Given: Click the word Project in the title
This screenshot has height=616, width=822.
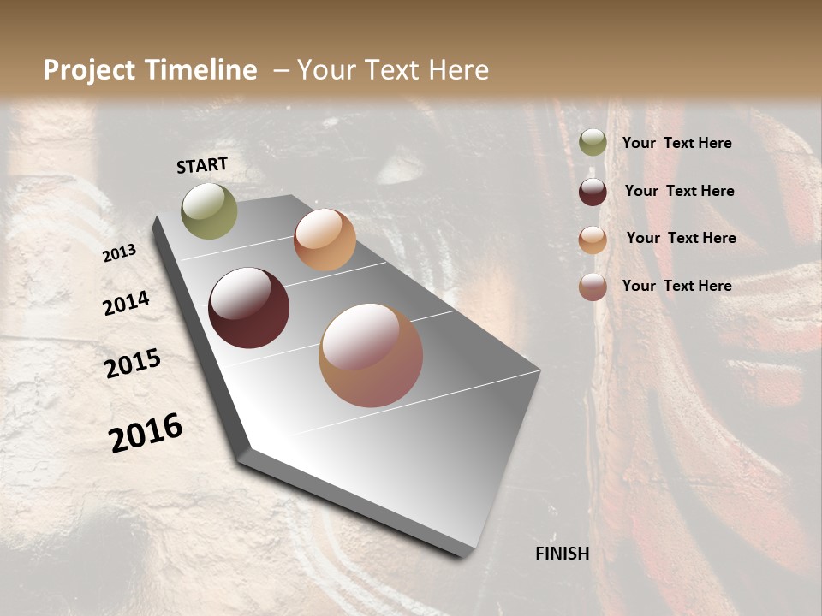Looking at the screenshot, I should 89,70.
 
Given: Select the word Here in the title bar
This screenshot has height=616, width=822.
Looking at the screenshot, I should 458,70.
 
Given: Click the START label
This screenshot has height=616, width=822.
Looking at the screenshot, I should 202,165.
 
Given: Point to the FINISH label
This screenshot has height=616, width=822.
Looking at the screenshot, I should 562,554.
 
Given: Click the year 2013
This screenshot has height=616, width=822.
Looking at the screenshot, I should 119,253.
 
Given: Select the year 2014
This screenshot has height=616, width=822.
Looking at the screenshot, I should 126,303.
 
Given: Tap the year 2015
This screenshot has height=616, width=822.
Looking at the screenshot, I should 133,364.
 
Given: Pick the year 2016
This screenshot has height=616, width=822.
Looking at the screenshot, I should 146,433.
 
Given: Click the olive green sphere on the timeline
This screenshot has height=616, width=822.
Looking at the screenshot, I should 209,210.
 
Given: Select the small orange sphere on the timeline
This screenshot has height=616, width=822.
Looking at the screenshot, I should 325,240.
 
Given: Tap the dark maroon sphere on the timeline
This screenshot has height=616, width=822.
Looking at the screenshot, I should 248,308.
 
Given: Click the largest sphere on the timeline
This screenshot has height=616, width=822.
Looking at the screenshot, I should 371,355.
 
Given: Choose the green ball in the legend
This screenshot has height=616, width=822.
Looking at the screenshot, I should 593,142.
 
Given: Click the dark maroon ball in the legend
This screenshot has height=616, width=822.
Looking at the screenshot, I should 593,192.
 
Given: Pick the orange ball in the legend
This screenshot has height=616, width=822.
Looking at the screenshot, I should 593,240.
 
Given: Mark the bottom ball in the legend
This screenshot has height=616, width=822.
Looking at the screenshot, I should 593,287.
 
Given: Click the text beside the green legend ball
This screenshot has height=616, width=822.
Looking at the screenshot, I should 676,143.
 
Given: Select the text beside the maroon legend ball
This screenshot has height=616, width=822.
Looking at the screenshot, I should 679,191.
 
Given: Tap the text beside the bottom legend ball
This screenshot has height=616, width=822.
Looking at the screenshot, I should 676,286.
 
